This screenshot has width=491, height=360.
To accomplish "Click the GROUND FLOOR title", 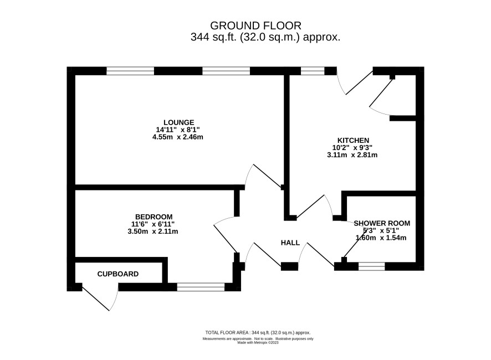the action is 255,25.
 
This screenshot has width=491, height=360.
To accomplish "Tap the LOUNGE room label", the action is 179,122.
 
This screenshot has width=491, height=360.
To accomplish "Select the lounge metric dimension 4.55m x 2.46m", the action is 177,137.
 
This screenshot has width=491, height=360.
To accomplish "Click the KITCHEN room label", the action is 353,140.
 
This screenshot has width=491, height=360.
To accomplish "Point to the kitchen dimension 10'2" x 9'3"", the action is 352,147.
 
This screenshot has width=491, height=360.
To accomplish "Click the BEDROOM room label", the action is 154,217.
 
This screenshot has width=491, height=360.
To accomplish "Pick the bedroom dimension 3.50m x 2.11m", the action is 152,232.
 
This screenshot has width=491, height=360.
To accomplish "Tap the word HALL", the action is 290,243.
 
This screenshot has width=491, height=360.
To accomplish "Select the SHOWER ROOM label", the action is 382,223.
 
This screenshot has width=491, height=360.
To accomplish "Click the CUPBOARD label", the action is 117,274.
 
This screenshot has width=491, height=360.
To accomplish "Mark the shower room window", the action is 371,266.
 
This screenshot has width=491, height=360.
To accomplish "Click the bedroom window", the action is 201,287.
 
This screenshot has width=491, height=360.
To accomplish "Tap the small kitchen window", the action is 313,71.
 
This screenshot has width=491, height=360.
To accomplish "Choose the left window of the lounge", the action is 130,71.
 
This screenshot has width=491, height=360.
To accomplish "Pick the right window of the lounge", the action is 226,71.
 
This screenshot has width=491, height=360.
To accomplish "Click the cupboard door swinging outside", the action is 95,297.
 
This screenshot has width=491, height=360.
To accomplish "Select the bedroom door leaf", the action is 226,239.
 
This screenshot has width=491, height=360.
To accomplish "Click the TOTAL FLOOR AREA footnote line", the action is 258,332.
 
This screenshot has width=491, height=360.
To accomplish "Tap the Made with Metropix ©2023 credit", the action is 258,342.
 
